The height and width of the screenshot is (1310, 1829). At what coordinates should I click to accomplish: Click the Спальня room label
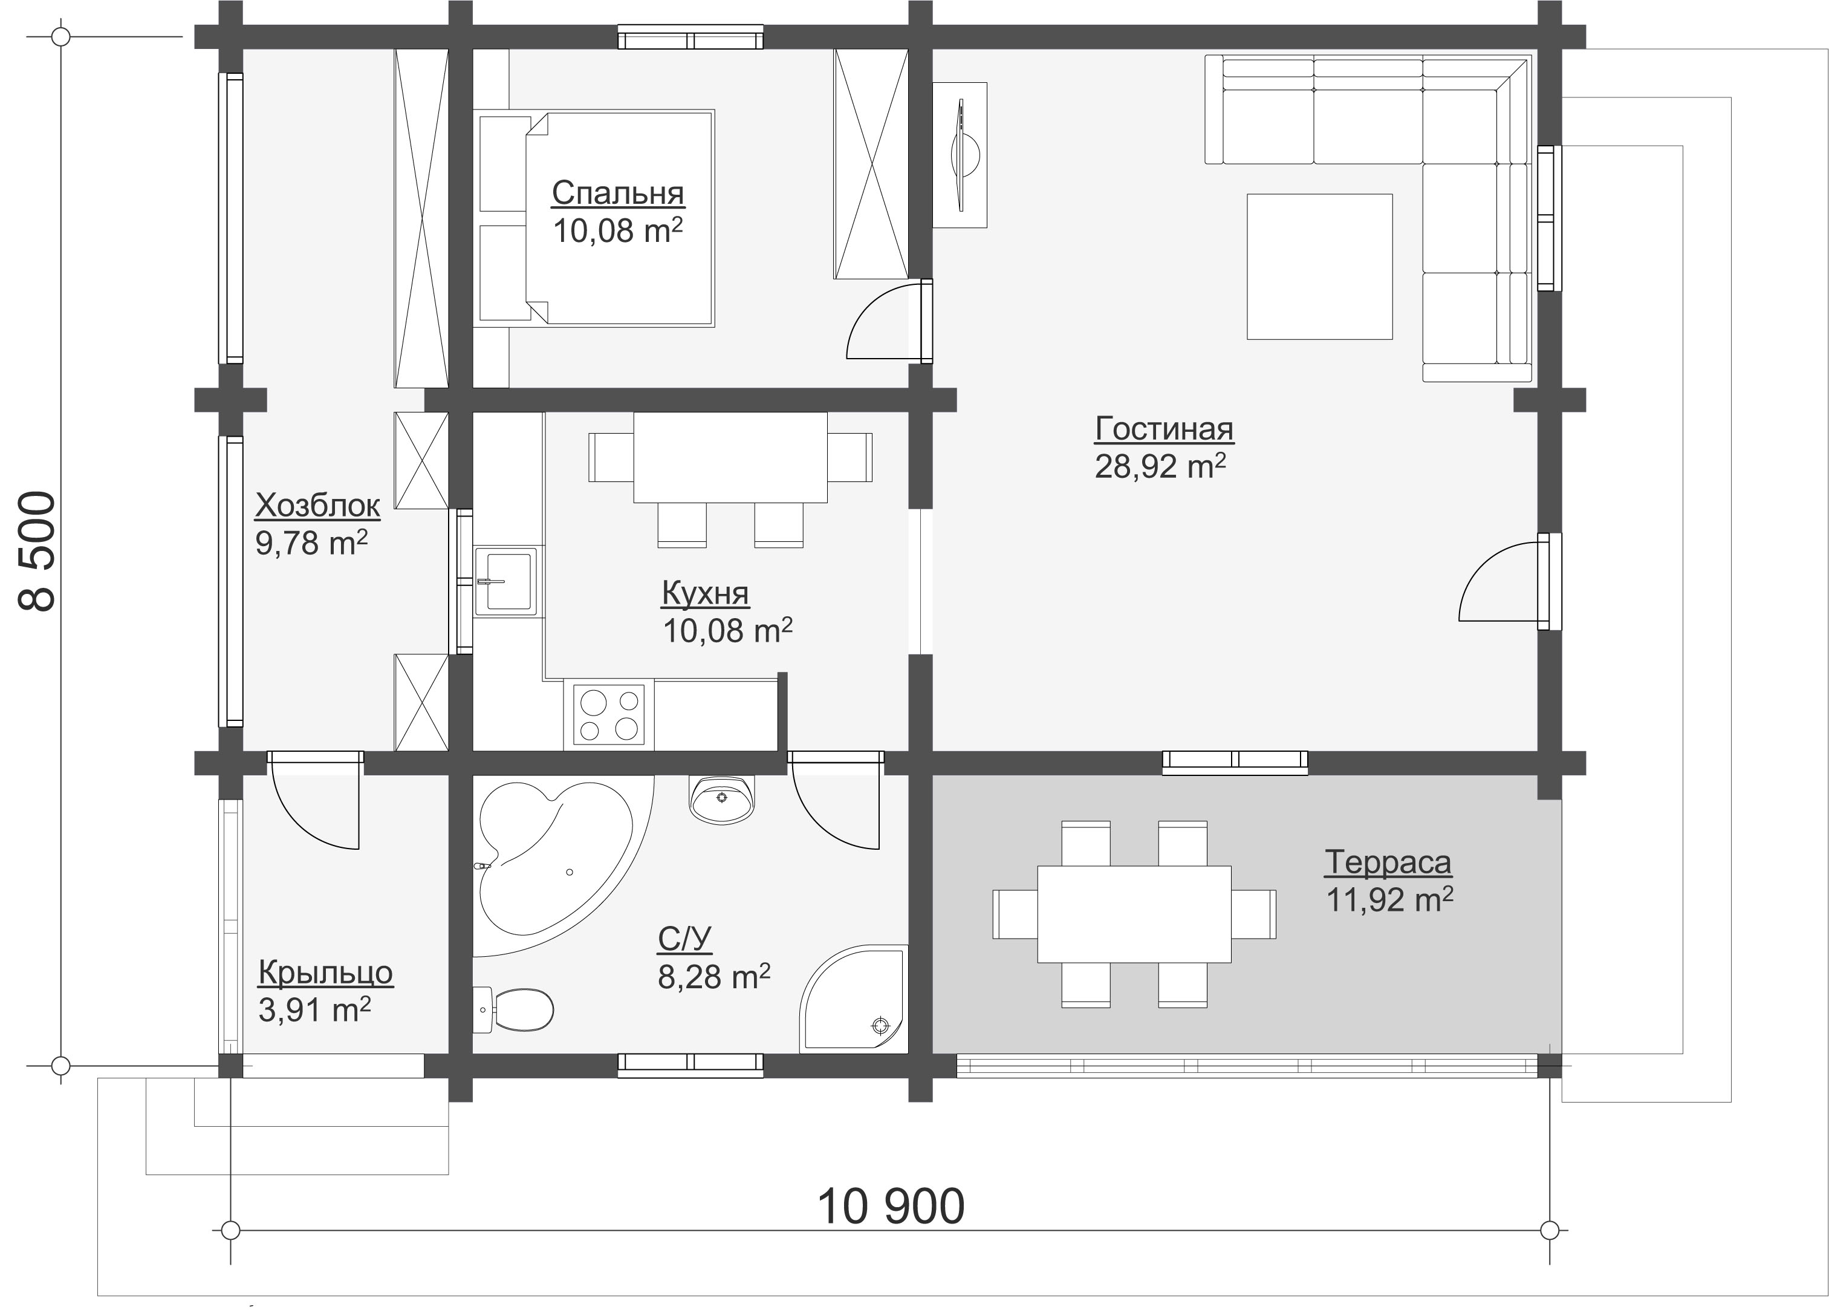pos(618,194)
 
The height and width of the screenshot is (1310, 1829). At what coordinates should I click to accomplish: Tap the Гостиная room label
pos(1164,429)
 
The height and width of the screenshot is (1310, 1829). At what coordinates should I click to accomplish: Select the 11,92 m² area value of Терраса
pos(1389,899)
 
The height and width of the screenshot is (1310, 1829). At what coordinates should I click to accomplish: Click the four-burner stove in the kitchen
pos(609,714)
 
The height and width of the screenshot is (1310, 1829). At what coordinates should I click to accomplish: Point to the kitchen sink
pos(505,581)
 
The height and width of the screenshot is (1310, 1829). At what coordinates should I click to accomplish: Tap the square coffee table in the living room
pos(1319,266)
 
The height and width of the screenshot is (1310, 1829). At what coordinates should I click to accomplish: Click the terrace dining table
pos(1134,914)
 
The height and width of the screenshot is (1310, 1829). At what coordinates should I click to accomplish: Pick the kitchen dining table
pos(730,457)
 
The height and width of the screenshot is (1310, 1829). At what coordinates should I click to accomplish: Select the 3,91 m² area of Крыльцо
pos(314,1009)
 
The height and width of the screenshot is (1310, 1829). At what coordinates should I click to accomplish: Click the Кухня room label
pos(706,593)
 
